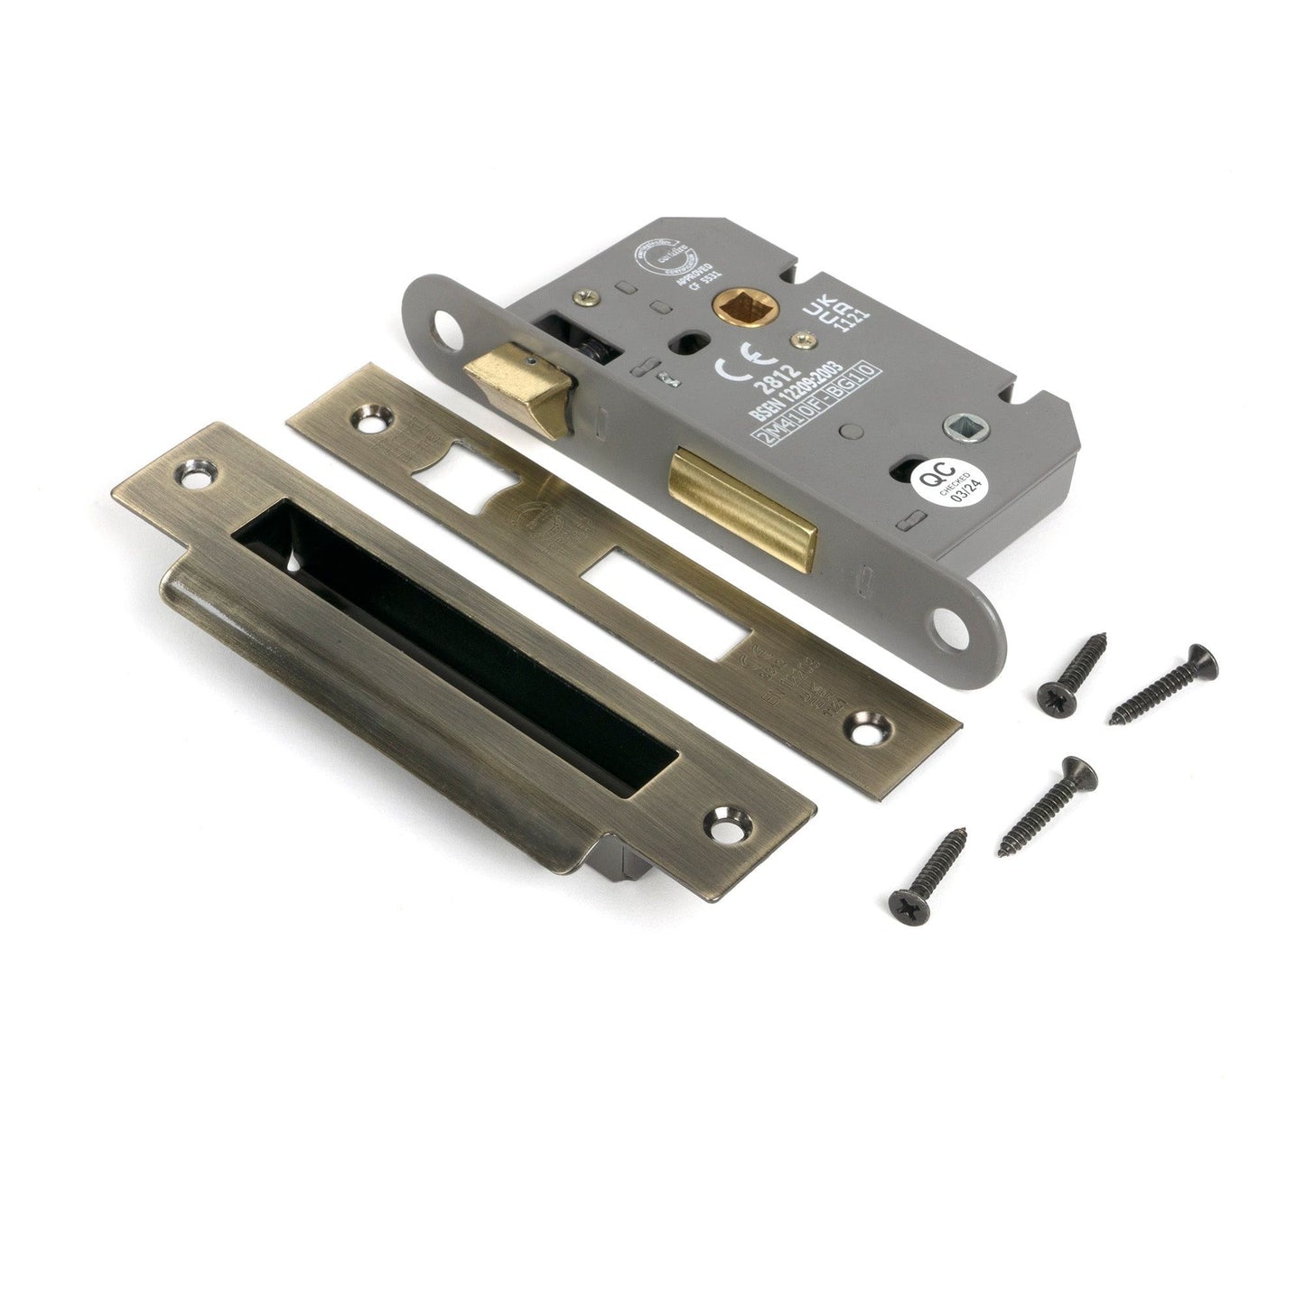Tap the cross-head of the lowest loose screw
(x=904, y=900)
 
